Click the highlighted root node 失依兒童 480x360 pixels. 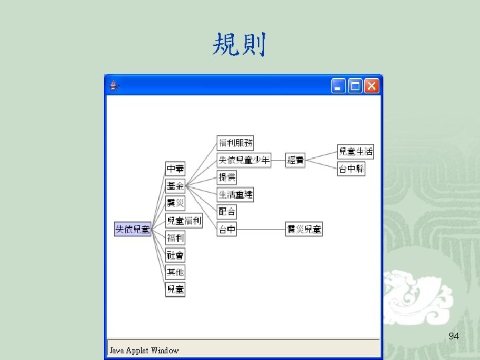(x=133, y=229)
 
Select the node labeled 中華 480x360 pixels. (x=175, y=169)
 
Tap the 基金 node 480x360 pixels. (x=175, y=186)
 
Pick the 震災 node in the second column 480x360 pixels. (x=175, y=203)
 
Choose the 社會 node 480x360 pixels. (x=175, y=255)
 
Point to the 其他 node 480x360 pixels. (x=175, y=272)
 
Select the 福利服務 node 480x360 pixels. (x=235, y=143)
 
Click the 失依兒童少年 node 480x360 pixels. (x=244, y=160)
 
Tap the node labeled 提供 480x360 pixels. (x=227, y=177)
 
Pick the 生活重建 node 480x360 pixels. (x=235, y=195)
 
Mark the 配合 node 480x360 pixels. (x=227, y=212)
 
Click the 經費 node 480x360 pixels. (x=295, y=160)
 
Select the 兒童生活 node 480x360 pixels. (x=355, y=152)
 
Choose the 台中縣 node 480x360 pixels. (x=351, y=169)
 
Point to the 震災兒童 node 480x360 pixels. (x=304, y=229)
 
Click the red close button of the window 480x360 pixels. (x=371, y=85)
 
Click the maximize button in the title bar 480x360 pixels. (x=355, y=85)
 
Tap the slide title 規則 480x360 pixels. (x=239, y=45)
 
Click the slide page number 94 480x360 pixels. (x=454, y=336)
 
